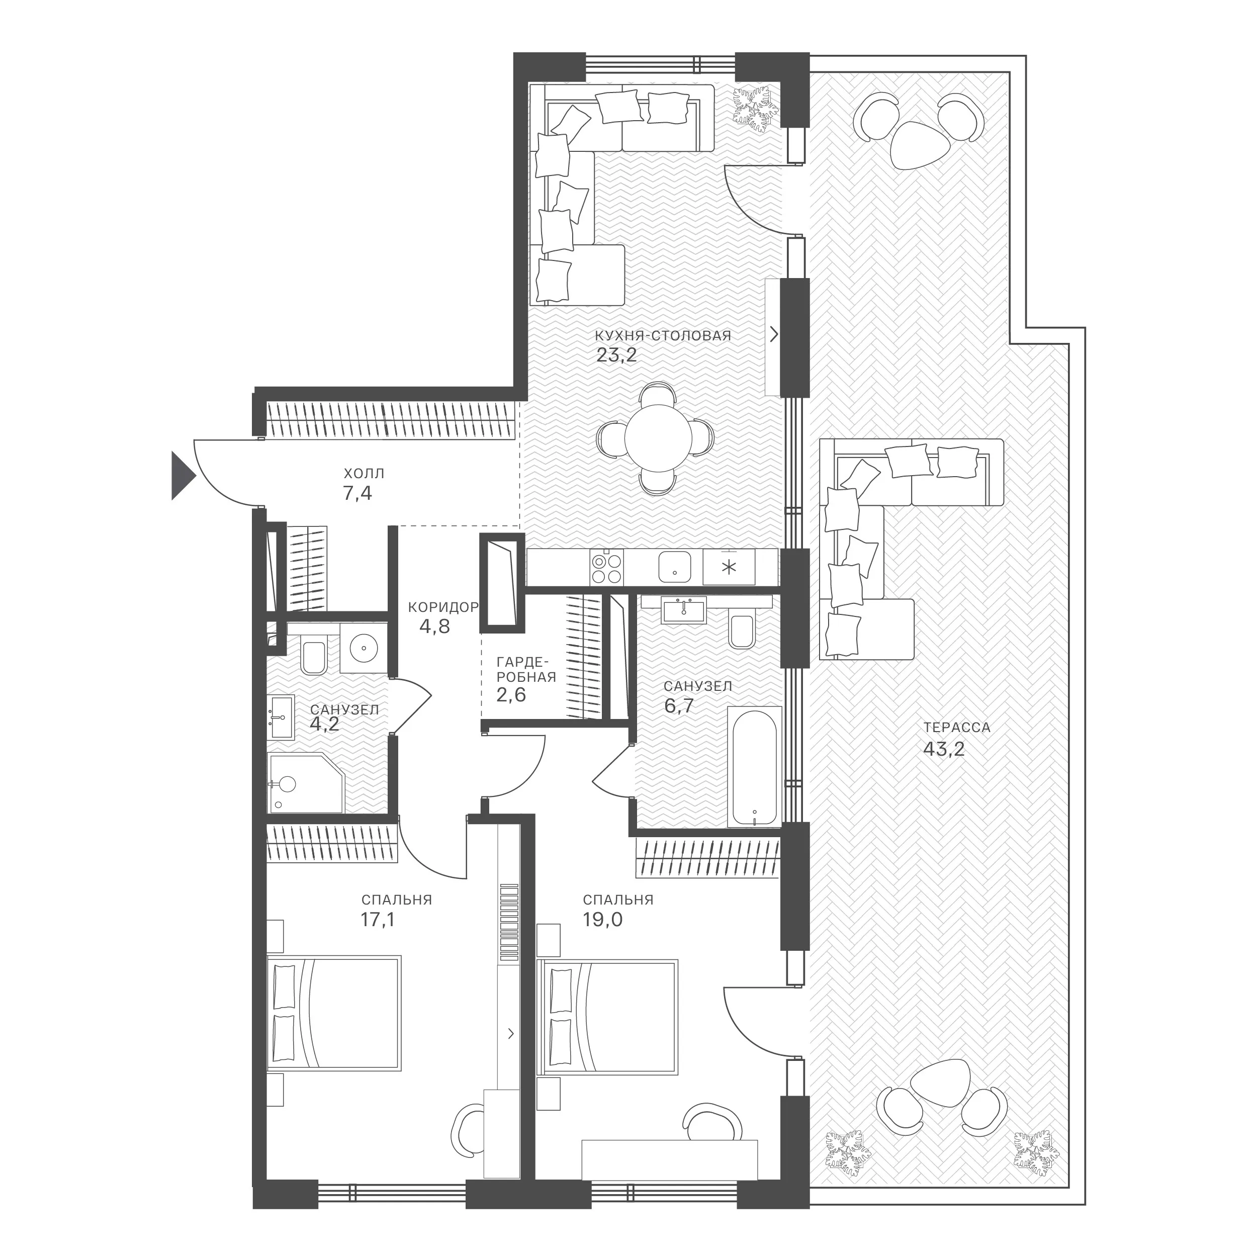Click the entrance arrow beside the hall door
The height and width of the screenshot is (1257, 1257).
click(182, 476)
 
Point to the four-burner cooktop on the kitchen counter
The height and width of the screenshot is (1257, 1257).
click(607, 567)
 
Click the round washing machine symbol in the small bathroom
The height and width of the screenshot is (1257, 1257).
click(363, 648)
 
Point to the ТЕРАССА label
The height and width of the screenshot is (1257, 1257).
click(956, 728)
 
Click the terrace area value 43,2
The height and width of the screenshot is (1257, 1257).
click(943, 749)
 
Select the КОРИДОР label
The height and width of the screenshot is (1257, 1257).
click(443, 607)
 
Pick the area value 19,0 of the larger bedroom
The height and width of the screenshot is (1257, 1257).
click(602, 919)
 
